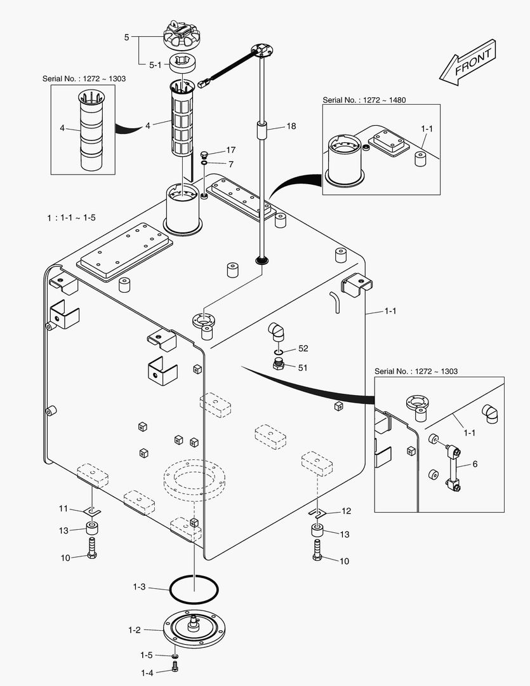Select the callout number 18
point(291,126)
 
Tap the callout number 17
point(230,151)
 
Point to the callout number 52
point(303,349)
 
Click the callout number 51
point(303,367)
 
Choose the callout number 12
point(346,511)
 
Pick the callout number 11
point(63,508)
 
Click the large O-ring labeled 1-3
point(194,590)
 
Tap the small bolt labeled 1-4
point(176,668)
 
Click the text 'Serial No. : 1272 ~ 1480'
point(364,100)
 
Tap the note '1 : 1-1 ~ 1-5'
point(71,217)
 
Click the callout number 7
point(230,164)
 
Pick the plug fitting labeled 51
point(278,364)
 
